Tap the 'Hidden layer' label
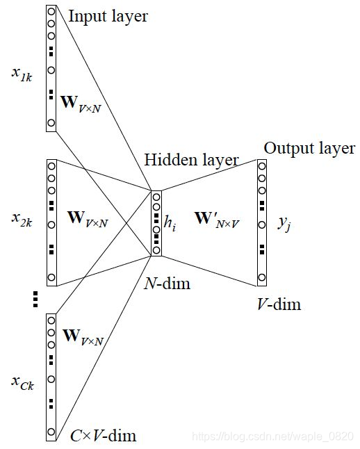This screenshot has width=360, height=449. [191, 160]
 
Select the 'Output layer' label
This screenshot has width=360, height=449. [309, 148]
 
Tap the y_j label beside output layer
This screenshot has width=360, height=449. [284, 223]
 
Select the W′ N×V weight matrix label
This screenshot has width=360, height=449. [215, 224]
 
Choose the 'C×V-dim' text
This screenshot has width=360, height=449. [103, 436]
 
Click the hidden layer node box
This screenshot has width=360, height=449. [156, 223]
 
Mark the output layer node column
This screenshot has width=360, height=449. [261, 222]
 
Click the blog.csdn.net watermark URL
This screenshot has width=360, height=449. [274, 436]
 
